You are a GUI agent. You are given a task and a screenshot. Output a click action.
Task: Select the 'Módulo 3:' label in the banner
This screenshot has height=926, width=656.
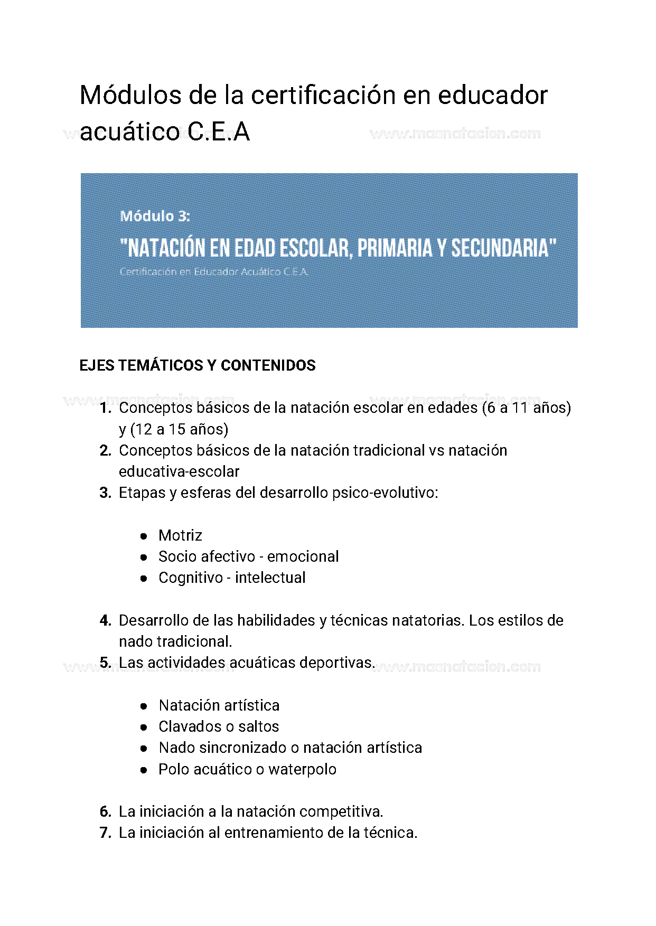pos(155,216)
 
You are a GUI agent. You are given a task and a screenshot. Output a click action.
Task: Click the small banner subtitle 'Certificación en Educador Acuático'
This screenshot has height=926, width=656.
pos(214,272)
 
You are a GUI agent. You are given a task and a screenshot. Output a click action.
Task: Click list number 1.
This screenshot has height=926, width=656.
pos(105,408)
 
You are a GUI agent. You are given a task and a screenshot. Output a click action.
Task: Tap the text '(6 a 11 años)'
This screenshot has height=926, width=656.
pos(527,408)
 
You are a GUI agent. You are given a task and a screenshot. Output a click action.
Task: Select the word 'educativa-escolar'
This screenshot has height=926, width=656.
pos(179,471)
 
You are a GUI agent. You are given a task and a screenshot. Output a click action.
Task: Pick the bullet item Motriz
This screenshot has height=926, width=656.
pos(180,535)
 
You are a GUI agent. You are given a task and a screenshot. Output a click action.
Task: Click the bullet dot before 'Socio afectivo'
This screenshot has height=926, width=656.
pos(144,557)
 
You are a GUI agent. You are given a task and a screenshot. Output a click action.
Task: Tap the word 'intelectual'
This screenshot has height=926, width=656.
pos(270,578)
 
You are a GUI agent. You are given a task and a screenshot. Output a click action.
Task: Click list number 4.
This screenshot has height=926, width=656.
pos(105,620)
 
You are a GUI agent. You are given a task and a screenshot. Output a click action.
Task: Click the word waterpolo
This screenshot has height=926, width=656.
pos(302,769)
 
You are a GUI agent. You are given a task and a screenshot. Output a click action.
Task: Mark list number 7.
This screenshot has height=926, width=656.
pos(105,833)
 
